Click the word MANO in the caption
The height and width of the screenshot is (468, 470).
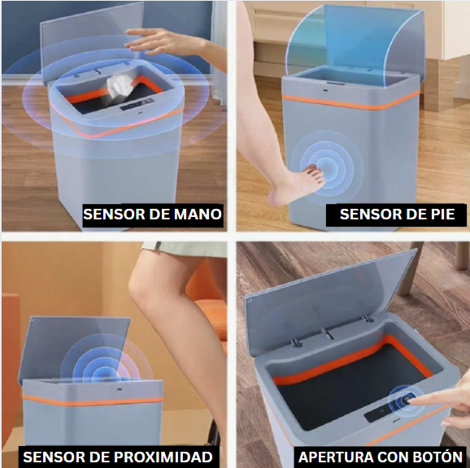[x=198, y=214]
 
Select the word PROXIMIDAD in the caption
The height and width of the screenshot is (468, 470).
[x=163, y=457]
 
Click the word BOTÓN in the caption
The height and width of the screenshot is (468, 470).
[x=438, y=457]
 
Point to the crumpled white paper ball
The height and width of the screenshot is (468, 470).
[x=120, y=85]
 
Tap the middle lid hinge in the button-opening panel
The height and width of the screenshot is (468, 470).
[x=328, y=333]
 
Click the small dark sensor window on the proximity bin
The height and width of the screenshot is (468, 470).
[x=119, y=389]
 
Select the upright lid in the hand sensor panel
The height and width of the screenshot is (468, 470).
[x=90, y=42]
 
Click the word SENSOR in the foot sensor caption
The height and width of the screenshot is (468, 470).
[x=369, y=214]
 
